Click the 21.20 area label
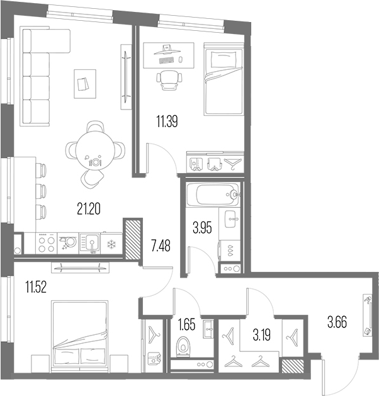coord(89,209)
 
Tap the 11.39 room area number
coord(167,121)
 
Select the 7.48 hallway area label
coord(161,246)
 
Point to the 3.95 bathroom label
coord(202,227)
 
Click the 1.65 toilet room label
coord(186,324)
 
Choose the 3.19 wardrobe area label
coord(262,335)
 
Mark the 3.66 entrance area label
coord(337,322)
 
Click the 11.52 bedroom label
coord(36,288)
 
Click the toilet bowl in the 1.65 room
coord(183,346)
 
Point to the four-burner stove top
coord(47,243)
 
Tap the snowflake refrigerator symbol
coord(111,244)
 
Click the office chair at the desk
coord(169,80)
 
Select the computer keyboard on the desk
coord(166,60)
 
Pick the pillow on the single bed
coord(223,60)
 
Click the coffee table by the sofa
coord(85,84)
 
